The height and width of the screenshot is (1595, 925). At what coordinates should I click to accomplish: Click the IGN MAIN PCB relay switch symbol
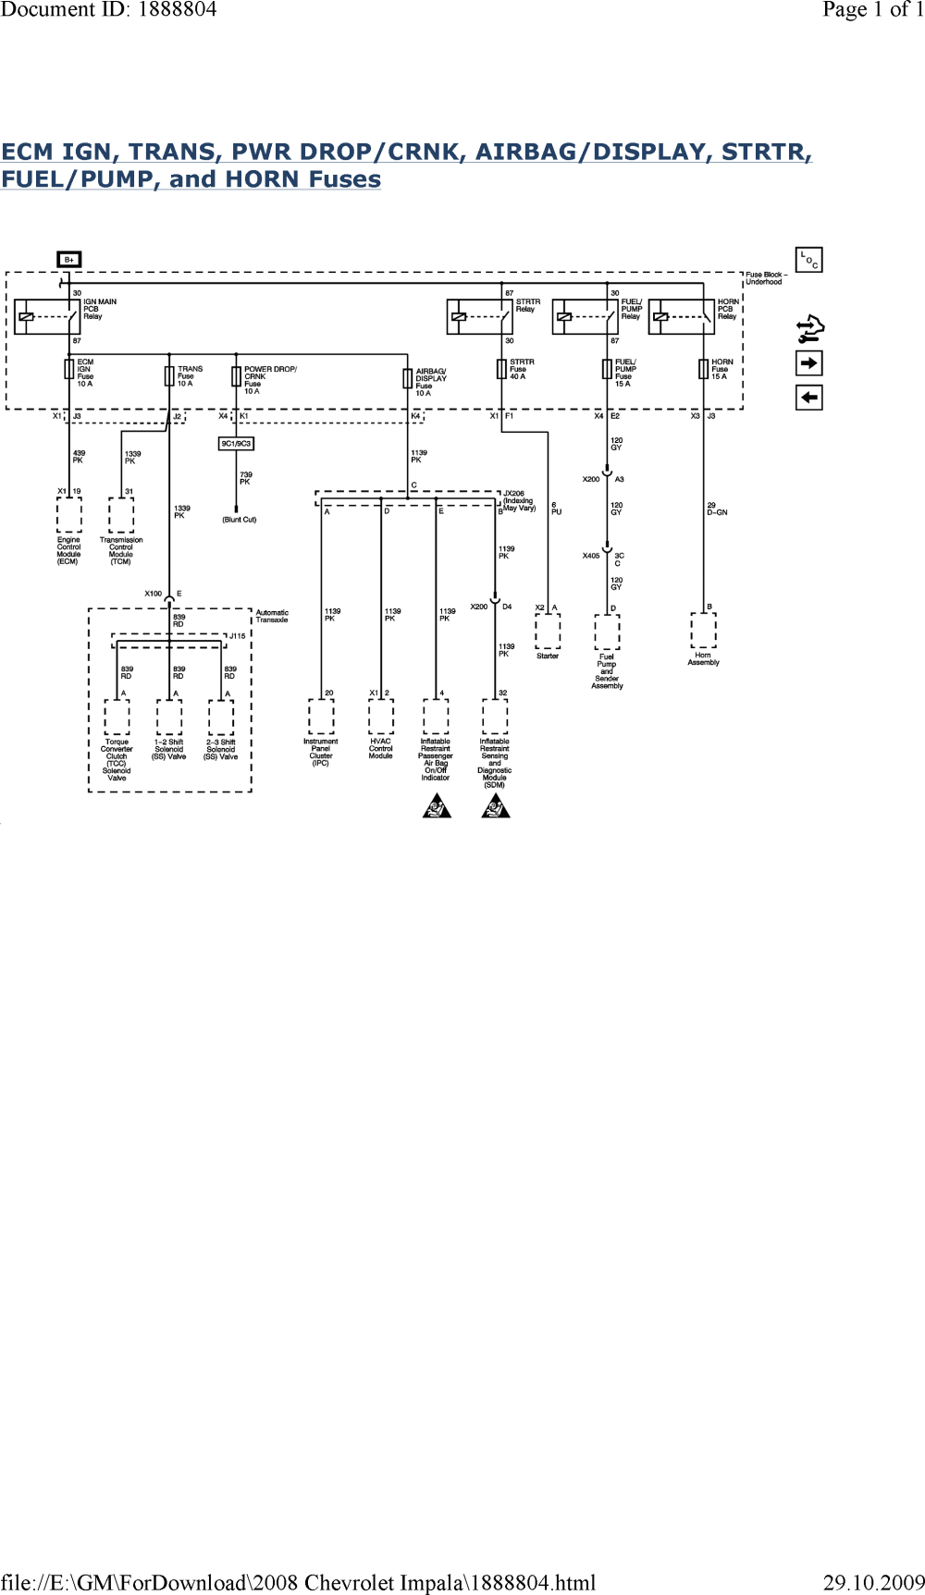coord(47,316)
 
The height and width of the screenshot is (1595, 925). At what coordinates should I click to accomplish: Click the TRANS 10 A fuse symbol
coord(169,374)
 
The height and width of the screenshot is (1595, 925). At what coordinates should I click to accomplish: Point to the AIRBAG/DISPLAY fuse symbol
coord(408,377)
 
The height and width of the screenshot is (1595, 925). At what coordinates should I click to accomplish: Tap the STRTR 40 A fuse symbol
coord(502,371)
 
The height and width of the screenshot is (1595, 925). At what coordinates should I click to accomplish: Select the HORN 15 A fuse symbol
coord(704,371)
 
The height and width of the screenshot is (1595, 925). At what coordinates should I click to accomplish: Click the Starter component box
coord(549,633)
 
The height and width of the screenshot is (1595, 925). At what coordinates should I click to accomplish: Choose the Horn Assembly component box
coord(704,632)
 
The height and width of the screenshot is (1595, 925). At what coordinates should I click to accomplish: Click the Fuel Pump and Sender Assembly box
coord(607,634)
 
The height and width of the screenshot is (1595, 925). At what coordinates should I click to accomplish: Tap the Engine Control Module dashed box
coord(68,515)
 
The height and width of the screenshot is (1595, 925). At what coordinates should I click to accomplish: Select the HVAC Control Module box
coord(381,717)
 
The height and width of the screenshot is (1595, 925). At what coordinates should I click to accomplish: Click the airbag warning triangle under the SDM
coord(494,808)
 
